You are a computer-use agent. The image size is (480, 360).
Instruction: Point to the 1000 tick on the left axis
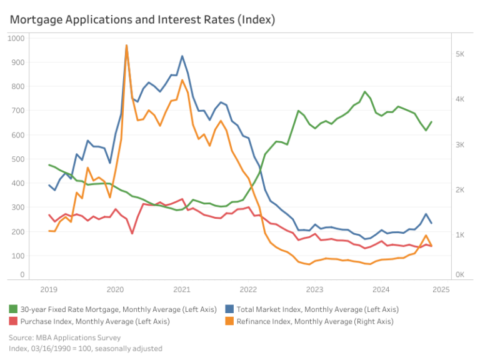(x=16, y=38)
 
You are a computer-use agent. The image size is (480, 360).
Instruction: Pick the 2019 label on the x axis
(x=49, y=289)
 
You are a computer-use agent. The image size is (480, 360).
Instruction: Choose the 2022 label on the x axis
(x=248, y=289)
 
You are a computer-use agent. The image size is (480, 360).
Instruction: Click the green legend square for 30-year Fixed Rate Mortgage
(x=13, y=309)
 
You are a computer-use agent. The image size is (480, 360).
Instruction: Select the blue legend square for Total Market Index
(x=229, y=309)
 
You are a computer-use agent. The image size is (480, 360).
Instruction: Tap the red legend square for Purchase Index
(x=13, y=321)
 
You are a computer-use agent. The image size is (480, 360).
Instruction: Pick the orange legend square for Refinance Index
(x=229, y=321)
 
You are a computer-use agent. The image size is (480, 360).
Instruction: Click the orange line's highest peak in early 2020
(x=127, y=45)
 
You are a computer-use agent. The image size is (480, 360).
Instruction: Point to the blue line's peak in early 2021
(x=182, y=56)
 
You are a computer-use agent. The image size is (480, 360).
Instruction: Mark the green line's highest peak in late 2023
(x=364, y=92)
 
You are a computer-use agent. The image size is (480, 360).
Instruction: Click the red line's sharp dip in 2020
(x=132, y=234)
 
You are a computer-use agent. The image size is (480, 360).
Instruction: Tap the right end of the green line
(x=432, y=122)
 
